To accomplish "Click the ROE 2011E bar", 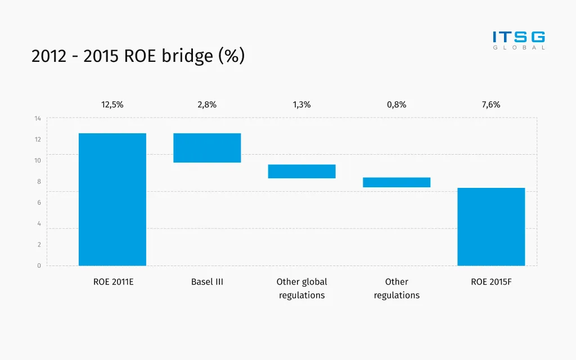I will tap(112, 199).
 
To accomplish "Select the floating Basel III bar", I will tap(207, 148).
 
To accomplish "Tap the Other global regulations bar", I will tap(301, 172).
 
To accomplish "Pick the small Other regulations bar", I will tap(397, 182).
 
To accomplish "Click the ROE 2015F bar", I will tap(491, 227).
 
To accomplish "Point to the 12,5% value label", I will tap(112, 105).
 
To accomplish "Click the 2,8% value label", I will tap(207, 105).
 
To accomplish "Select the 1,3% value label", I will tap(301, 105).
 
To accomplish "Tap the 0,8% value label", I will tap(397, 105).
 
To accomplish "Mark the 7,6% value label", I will tap(491, 105).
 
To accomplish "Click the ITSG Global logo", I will tap(519, 40).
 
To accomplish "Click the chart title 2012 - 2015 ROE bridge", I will tap(138, 56).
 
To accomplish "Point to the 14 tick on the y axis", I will tap(38, 119).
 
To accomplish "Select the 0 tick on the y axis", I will tap(39, 265).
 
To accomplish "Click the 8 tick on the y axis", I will tap(39, 182).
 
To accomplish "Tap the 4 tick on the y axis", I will tap(39, 224).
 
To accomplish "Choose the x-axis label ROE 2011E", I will tap(113, 282).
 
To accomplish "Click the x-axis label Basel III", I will tap(207, 282).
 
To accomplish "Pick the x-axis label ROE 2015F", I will tap(491, 282).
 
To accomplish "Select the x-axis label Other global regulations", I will tap(301, 289).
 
